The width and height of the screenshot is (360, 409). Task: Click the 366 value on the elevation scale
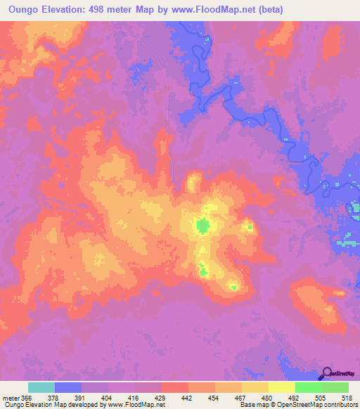[x=26, y=398]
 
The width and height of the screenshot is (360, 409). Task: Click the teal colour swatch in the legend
[x=41, y=388]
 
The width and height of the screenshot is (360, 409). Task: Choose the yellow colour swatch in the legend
[x=281, y=388]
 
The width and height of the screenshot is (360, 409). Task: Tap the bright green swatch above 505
[x=308, y=388]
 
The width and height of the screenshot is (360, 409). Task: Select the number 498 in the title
[x=112, y=9]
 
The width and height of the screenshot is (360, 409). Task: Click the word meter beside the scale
[x=11, y=398]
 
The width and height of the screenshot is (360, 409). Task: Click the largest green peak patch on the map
[x=202, y=226]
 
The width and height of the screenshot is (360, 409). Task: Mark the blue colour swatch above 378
[x=68, y=388]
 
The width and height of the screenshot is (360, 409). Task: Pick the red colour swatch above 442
[x=175, y=388]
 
